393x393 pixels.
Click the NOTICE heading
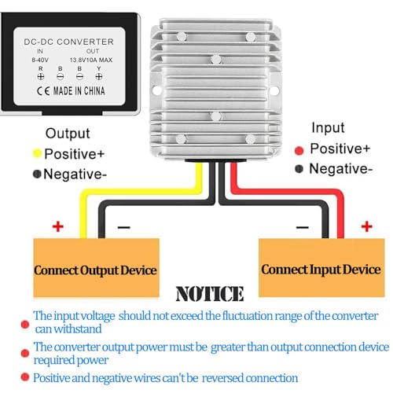210,293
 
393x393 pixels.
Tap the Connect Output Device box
96,267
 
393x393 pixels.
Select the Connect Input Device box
321,267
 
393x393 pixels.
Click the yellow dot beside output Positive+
37,153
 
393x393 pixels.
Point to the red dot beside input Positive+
299,150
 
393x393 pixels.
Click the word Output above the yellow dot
68,133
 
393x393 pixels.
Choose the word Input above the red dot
328,128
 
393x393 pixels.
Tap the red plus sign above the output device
58,226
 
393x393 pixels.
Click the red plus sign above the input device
366,226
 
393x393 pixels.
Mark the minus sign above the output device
124,227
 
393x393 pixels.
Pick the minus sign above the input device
303,227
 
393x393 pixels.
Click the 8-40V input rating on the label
40,60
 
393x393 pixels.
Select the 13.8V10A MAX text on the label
91,60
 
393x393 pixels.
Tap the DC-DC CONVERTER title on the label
68,42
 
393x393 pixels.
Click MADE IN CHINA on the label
79,91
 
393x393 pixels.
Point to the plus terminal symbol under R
41,77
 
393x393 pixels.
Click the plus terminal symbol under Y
99,77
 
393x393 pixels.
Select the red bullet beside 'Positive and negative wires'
25,377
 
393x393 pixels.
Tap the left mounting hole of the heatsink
156,90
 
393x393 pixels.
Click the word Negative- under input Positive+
340,168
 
